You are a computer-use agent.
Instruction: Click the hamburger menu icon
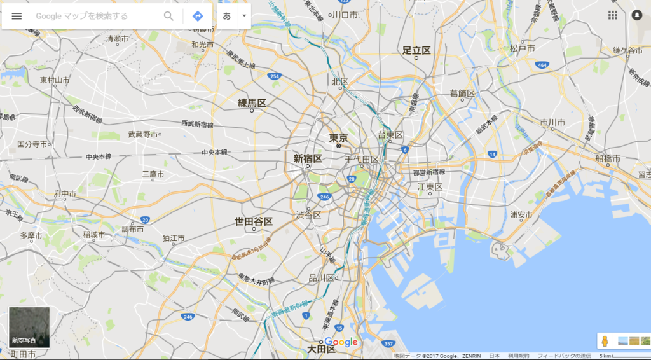(17, 16)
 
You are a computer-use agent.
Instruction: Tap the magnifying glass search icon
(168, 16)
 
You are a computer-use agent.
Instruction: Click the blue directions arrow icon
(198, 16)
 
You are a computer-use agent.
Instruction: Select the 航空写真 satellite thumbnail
(29, 328)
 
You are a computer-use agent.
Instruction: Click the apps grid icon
(613, 15)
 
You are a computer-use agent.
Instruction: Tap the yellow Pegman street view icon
(605, 341)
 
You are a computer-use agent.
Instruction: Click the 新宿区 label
(308, 158)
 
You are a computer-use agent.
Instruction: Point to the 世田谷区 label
(254, 221)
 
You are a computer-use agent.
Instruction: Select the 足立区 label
(416, 50)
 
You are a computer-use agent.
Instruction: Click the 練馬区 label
(252, 103)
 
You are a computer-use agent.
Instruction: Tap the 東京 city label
(338, 138)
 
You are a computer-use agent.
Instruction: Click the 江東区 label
(430, 186)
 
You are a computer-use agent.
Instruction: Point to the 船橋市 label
(608, 158)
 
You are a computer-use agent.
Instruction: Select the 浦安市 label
(521, 215)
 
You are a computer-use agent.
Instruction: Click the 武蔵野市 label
(142, 134)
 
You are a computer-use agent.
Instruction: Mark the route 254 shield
(274, 76)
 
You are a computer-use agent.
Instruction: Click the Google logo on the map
(341, 342)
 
